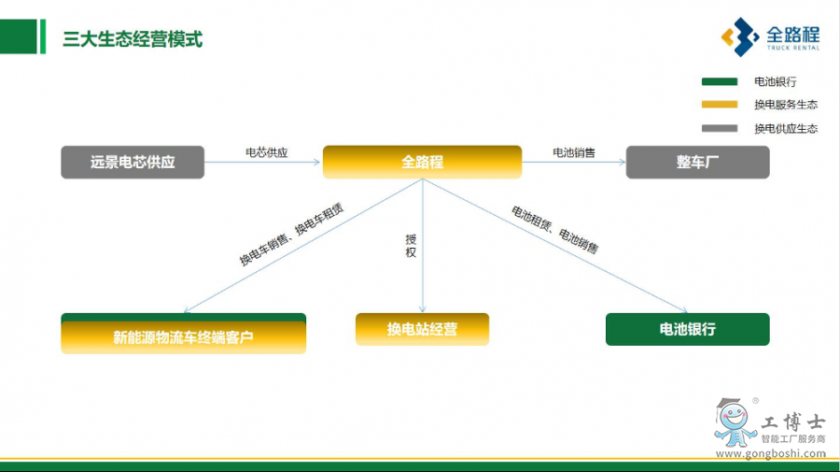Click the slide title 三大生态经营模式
pyautogui.click(x=132, y=40)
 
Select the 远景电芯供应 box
pyautogui.click(x=133, y=162)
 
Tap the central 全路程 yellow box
pyautogui.click(x=422, y=162)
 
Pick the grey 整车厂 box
pyautogui.click(x=697, y=162)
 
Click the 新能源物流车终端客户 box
pyautogui.click(x=183, y=336)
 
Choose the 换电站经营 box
pyautogui.click(x=422, y=329)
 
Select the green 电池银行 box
pyautogui.click(x=687, y=329)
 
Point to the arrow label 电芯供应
pyautogui.click(x=266, y=152)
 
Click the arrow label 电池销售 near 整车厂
pyautogui.click(x=573, y=152)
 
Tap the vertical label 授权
pyautogui.click(x=411, y=246)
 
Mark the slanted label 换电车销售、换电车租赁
pyautogui.click(x=291, y=234)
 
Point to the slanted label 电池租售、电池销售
pyautogui.click(x=554, y=230)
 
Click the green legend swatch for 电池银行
pyautogui.click(x=719, y=82)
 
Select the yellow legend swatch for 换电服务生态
pyautogui.click(x=719, y=105)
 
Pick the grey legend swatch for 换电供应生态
pyautogui.click(x=719, y=128)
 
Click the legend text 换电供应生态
pyautogui.click(x=785, y=128)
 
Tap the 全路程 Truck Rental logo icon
pyautogui.click(x=738, y=37)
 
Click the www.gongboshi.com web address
pyautogui.click(x=770, y=454)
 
